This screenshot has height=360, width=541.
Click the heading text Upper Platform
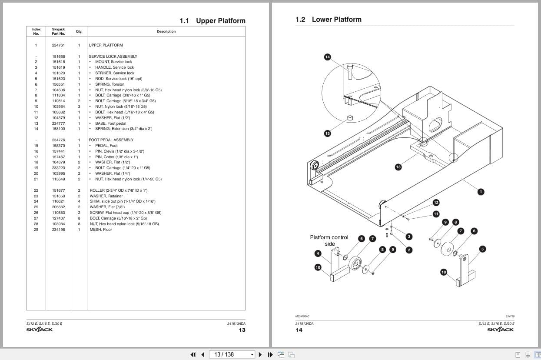(220, 21)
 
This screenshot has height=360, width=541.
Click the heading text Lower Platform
(336, 20)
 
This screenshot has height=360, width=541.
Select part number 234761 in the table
(58, 45)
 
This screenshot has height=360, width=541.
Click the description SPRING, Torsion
(110, 84)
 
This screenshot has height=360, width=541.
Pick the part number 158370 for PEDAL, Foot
(58, 146)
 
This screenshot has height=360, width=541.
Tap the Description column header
(166, 31)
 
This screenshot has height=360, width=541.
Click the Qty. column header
(79, 31)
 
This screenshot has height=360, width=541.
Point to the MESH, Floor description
(101, 230)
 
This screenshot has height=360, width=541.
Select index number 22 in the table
(36, 190)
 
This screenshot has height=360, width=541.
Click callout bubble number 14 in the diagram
(328, 57)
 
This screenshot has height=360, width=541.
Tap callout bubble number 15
(328, 133)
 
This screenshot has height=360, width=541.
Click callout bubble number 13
(398, 167)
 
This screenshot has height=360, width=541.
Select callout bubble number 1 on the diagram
(481, 192)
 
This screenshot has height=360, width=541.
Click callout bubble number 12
(436, 203)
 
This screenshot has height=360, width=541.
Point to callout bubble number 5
(482, 249)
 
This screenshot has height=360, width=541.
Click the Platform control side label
(329, 240)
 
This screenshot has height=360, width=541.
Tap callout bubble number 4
(318, 253)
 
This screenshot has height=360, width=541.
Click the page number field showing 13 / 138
(230, 354)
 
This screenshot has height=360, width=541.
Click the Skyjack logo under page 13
(40, 330)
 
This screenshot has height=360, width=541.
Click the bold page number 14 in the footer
(299, 330)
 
